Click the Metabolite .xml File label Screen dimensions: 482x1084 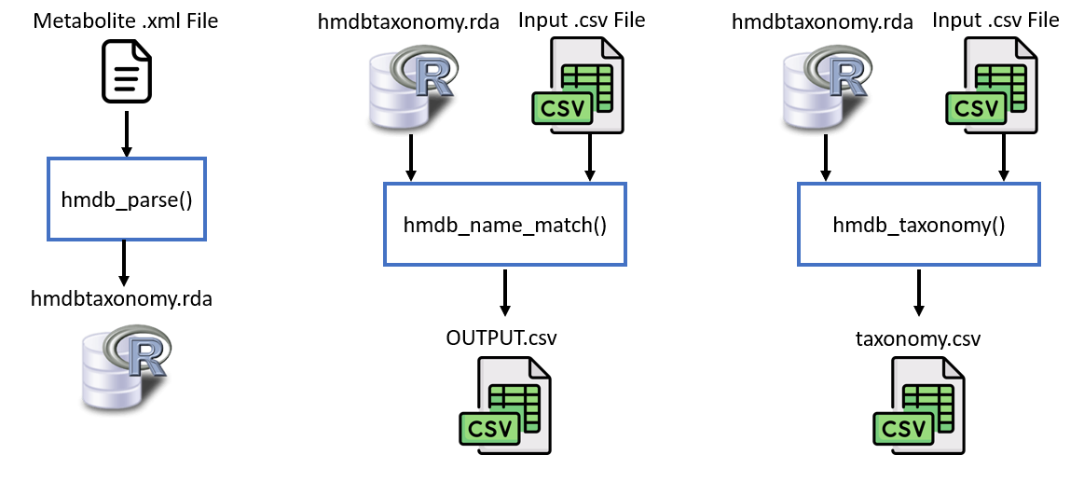[x=125, y=20]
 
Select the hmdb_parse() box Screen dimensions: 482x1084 [x=126, y=200]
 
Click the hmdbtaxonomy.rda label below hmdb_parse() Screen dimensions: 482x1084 [x=122, y=299]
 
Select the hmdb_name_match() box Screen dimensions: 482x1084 [x=504, y=225]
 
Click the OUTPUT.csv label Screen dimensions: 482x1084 [x=501, y=337]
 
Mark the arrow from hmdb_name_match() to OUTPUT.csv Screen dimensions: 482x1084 [x=504, y=293]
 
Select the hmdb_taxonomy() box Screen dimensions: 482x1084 [x=918, y=225]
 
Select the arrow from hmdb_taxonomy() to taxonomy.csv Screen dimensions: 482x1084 [x=918, y=293]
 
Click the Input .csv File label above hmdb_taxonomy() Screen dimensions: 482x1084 [x=995, y=20]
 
